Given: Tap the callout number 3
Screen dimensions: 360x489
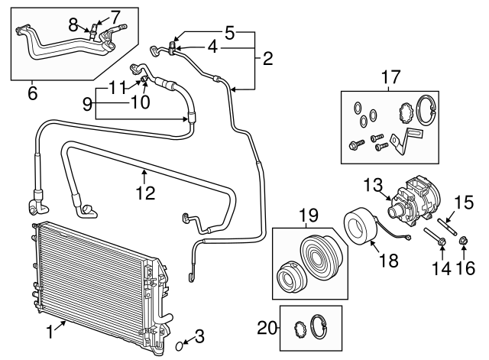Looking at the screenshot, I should (199, 334).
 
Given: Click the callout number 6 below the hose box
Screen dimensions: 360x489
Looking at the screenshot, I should (32, 93).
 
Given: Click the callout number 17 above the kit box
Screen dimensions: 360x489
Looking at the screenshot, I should (390, 76).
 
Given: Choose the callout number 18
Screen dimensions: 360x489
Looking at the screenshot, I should (388, 261).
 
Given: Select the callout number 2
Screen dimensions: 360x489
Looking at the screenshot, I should (267, 58).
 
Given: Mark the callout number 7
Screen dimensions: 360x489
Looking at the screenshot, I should (115, 15).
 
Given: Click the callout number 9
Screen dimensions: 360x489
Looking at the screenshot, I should (87, 102).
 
